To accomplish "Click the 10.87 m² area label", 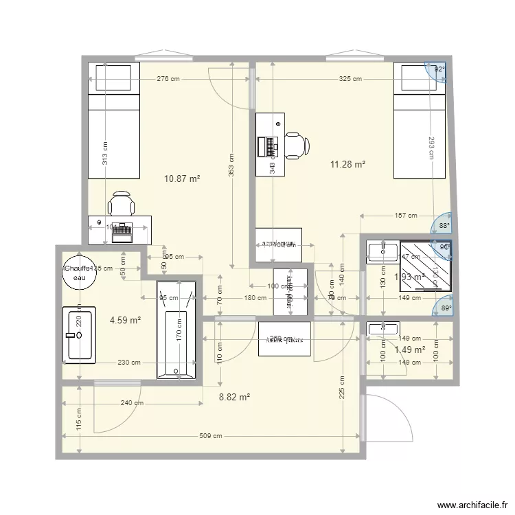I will coord(182,179).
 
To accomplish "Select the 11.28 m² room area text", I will coord(347,164).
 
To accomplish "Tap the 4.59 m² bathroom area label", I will coord(126,319).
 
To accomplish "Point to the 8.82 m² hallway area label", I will coord(234,396).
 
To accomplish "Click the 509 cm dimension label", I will coord(211,436).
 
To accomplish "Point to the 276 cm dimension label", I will coord(168,80).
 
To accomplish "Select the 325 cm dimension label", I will coord(350,80).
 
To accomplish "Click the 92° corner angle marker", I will coord(438,69).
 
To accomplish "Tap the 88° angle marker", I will coord(444,225).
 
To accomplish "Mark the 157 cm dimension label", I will coord(406,216).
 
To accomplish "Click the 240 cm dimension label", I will coord(127,404).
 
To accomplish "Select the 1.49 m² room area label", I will coord(410,350).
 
